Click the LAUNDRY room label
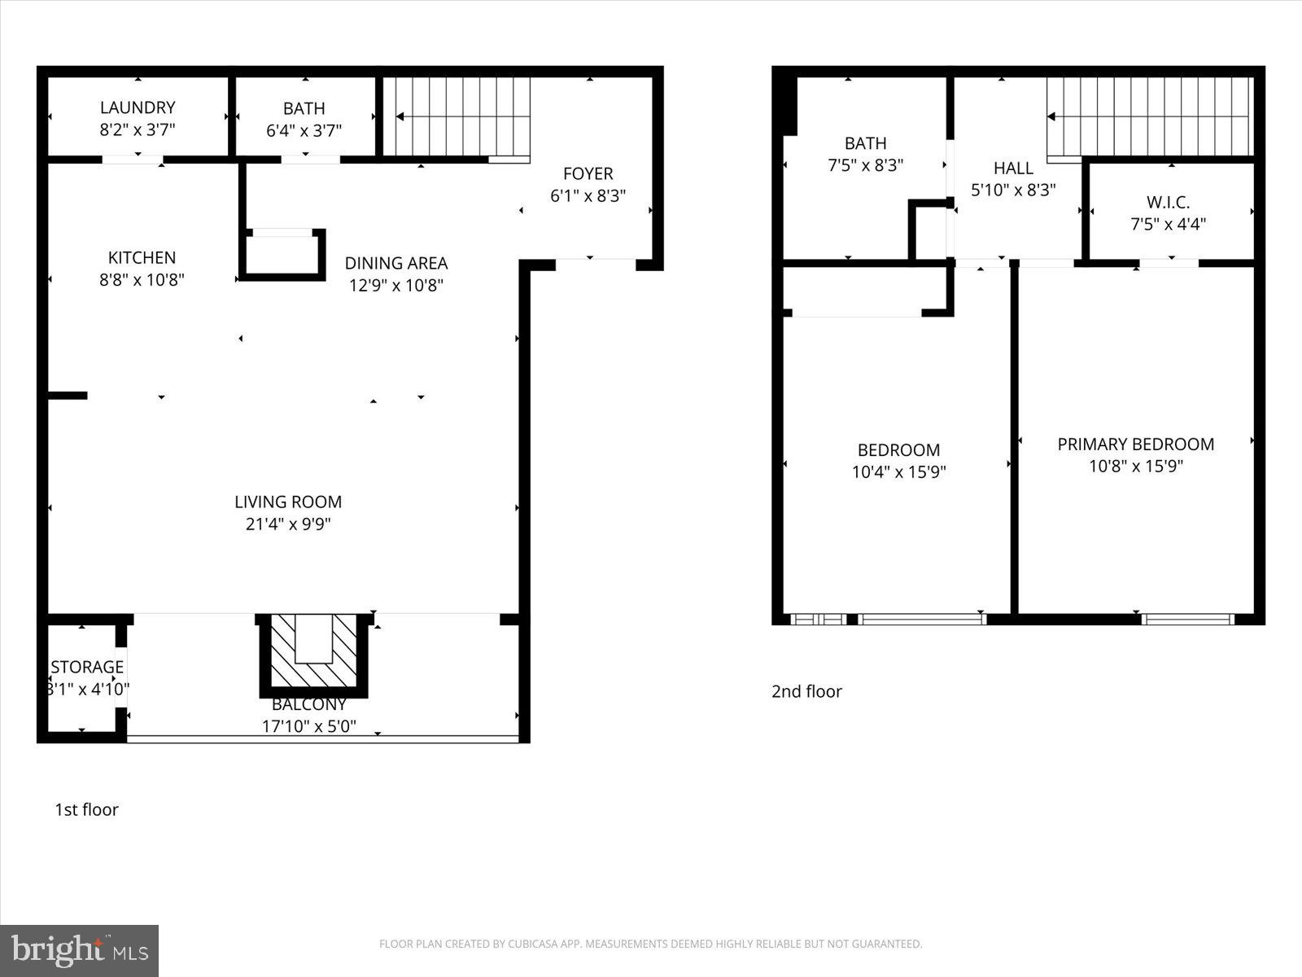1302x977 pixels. (x=138, y=107)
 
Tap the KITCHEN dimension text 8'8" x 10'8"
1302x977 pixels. (x=142, y=280)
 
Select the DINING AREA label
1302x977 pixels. (x=396, y=263)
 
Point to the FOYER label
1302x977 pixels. (x=588, y=173)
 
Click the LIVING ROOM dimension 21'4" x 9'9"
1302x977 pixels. (x=288, y=524)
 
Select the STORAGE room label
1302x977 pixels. (x=87, y=668)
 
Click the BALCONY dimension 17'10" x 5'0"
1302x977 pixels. (x=308, y=726)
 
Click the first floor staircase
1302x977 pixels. (x=456, y=116)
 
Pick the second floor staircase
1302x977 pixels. (x=1149, y=116)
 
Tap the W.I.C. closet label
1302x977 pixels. (x=1168, y=202)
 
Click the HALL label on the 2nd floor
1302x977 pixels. (x=1013, y=169)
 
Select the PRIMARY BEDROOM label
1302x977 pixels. (x=1135, y=445)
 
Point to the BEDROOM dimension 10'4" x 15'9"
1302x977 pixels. (x=898, y=472)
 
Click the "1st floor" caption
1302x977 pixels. (x=86, y=809)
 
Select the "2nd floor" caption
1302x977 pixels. (x=806, y=691)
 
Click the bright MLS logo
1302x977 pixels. (x=80, y=950)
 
